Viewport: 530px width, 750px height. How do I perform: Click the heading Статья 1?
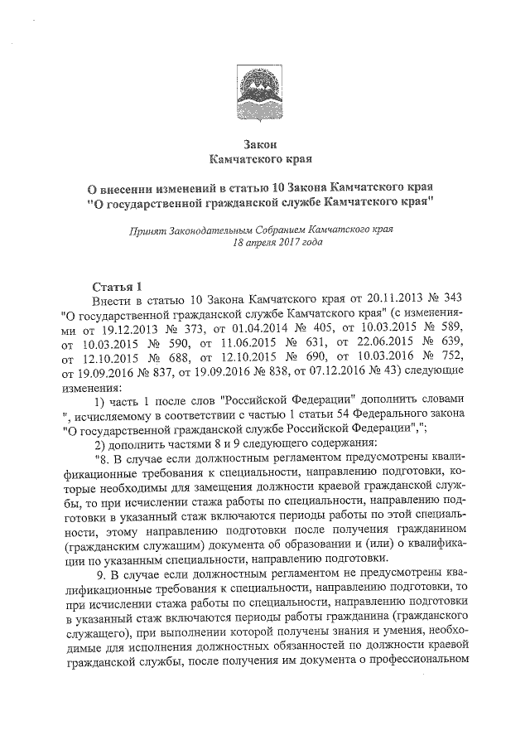tap(118, 287)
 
